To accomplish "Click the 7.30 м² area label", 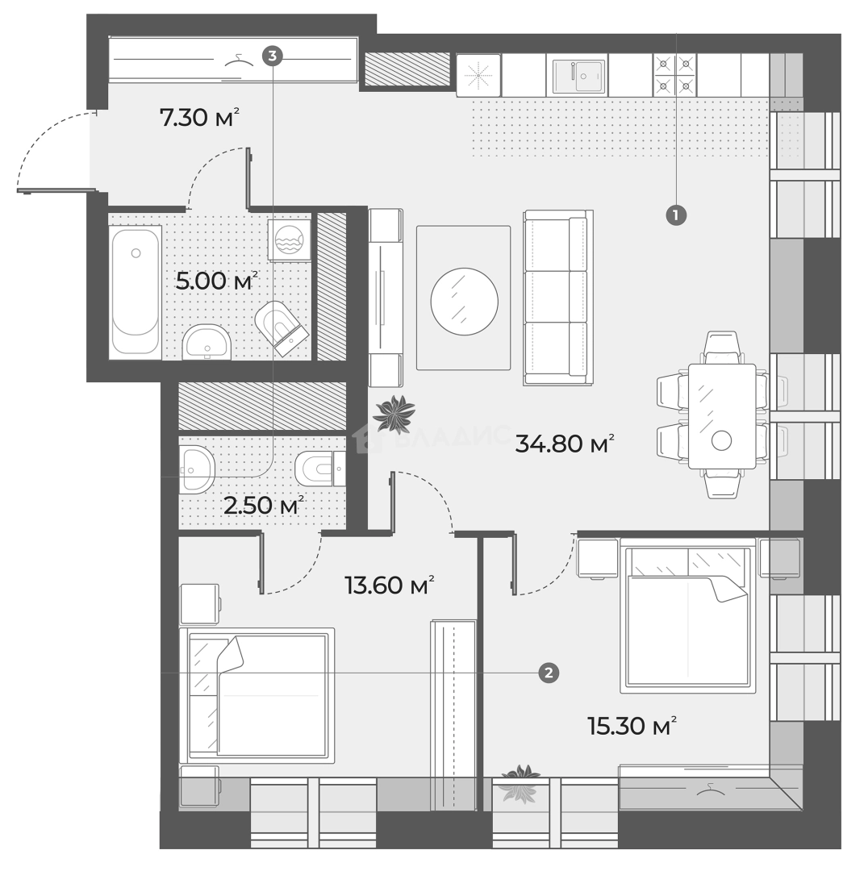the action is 199,117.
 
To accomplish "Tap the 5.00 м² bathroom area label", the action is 217,281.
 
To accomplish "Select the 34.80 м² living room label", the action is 565,444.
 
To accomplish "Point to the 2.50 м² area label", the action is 263,505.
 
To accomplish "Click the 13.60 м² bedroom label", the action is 389,585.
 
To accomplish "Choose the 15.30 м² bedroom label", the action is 632,725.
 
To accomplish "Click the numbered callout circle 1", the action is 676,215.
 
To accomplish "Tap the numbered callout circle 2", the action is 549,673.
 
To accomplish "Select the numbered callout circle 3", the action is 272,56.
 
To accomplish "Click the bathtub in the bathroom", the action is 136,292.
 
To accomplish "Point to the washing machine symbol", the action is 289,240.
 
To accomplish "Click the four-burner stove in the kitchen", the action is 675,75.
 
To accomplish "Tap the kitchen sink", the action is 577,75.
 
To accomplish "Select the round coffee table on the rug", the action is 464,302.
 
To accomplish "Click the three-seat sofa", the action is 558,298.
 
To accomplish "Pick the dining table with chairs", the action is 722,415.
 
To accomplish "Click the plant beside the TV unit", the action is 394,413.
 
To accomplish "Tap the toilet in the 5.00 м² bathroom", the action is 282,327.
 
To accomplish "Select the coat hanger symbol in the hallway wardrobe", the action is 239,60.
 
